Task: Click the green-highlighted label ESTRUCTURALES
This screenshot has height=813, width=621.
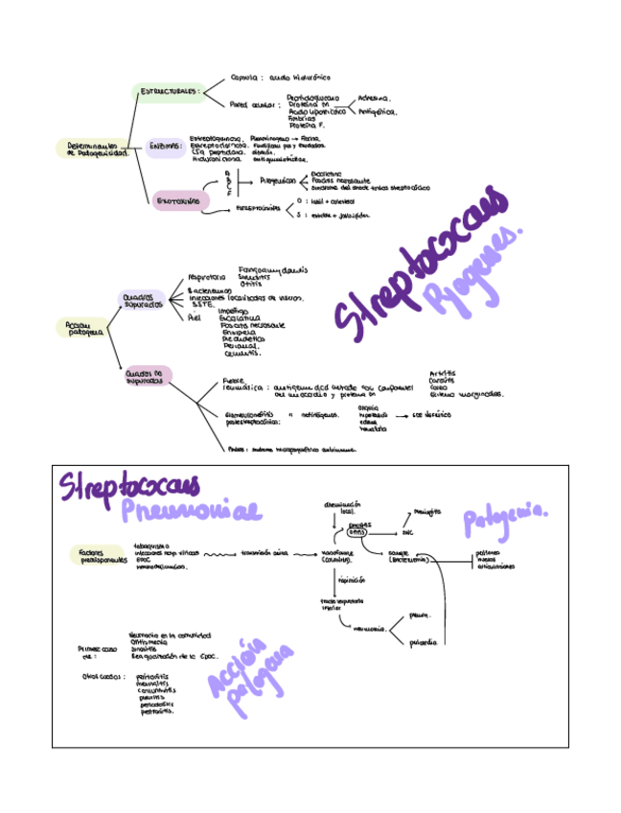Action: point(172,93)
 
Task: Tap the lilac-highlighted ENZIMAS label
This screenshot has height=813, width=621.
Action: point(166,148)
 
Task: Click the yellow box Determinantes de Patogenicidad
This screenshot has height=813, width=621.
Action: point(97,150)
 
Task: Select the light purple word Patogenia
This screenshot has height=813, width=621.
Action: point(505,522)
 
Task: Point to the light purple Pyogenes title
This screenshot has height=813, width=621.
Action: point(471,274)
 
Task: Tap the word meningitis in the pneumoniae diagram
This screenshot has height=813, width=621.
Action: point(427,512)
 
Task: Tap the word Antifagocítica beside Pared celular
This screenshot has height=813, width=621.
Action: point(376,111)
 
